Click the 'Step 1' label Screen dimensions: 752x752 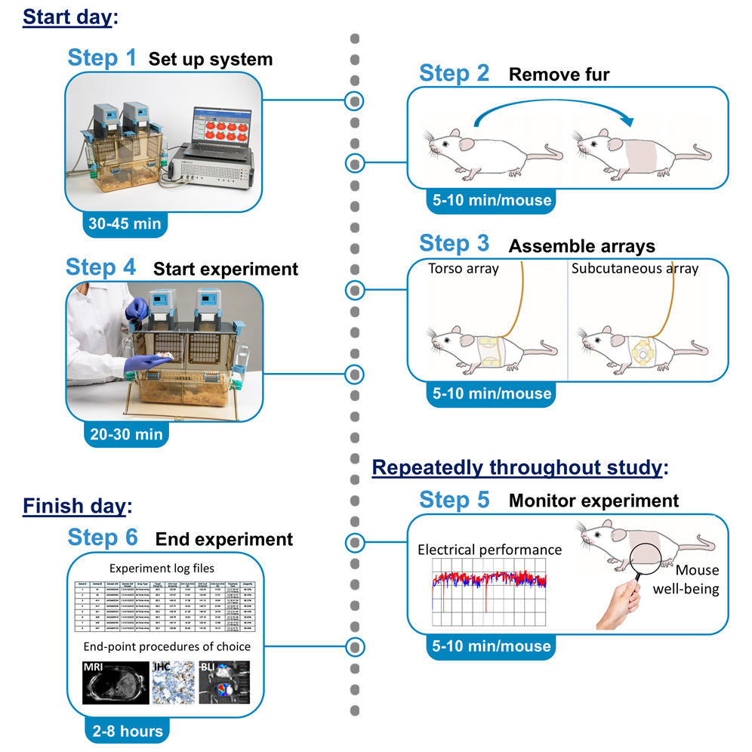(x=102, y=58)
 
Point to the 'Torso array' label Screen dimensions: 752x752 (x=463, y=268)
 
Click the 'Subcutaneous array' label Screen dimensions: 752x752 (x=634, y=268)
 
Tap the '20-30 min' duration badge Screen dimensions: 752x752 (x=125, y=434)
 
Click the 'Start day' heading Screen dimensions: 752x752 (x=67, y=17)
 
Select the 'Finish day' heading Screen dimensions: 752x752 (x=74, y=505)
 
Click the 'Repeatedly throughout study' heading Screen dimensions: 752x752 (x=519, y=468)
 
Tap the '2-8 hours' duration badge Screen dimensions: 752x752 (x=125, y=731)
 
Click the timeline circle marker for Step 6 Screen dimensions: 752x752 (x=353, y=646)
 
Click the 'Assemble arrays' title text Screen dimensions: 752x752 (x=581, y=246)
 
